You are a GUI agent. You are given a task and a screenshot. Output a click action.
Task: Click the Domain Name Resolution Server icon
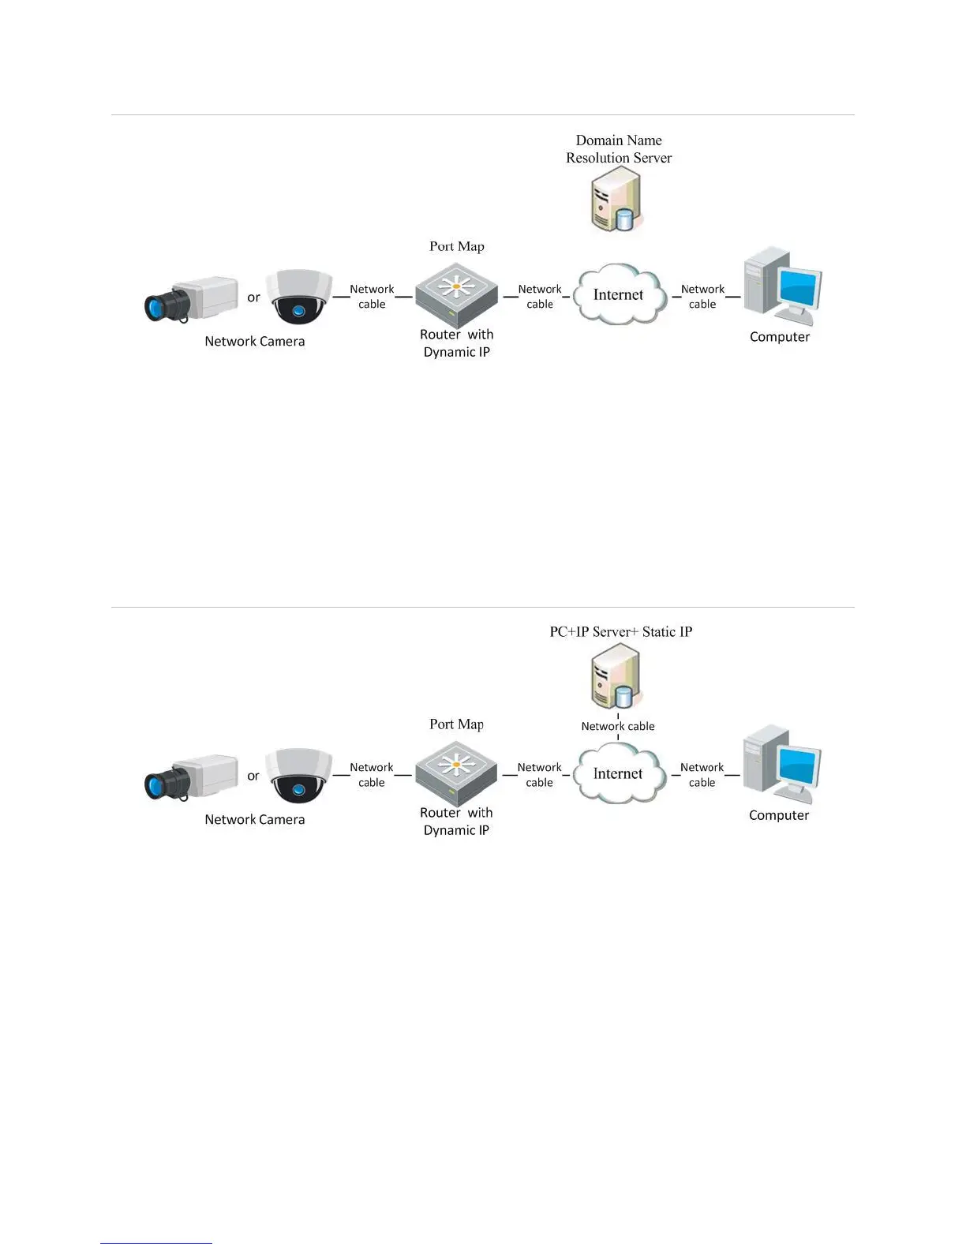point(616,200)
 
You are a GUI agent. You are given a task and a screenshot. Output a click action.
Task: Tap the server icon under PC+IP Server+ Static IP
point(616,677)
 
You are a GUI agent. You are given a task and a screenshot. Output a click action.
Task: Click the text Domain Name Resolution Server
point(619,149)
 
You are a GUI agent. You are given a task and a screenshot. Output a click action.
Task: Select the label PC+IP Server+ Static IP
point(620,631)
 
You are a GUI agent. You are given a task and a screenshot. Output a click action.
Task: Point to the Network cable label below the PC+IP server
point(618,726)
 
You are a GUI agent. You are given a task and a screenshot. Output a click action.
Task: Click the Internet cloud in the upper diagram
point(619,295)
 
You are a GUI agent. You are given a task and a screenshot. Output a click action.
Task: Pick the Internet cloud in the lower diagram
point(618,774)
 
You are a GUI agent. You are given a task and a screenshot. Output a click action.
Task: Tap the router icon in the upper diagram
point(457,293)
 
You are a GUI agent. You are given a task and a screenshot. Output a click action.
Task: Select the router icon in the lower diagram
point(456,771)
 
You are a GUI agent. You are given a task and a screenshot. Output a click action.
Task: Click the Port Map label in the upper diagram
point(457,246)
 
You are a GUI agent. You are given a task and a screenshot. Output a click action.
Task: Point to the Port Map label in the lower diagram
point(456,724)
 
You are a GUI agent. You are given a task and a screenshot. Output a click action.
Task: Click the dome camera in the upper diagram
point(298,297)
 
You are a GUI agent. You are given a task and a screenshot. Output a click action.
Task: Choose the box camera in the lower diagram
point(192,776)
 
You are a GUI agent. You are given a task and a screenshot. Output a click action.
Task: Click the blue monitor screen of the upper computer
point(799,286)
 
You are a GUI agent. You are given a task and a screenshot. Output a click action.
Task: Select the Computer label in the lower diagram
point(779,815)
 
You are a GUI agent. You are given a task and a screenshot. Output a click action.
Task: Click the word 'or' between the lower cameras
point(253,776)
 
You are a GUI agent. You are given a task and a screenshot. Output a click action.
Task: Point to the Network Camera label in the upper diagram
point(254,341)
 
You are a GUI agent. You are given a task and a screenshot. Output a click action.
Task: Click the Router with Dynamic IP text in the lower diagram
point(456,821)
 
